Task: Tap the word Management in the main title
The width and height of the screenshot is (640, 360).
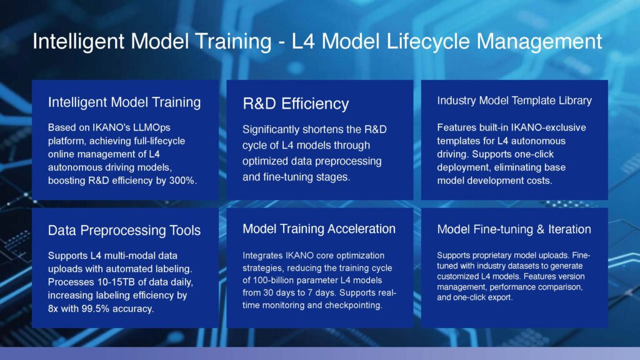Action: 539,42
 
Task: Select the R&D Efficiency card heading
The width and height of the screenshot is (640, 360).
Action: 296,104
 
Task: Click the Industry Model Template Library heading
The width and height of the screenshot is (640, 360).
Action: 514,101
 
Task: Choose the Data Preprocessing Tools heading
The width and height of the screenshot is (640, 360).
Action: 124,230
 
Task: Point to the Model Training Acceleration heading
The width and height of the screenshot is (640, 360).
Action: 319,229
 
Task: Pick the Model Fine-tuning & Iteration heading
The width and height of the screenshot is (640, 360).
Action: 514,229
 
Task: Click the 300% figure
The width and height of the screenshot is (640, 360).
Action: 183,181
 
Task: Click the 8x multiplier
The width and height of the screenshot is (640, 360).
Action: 53,309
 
